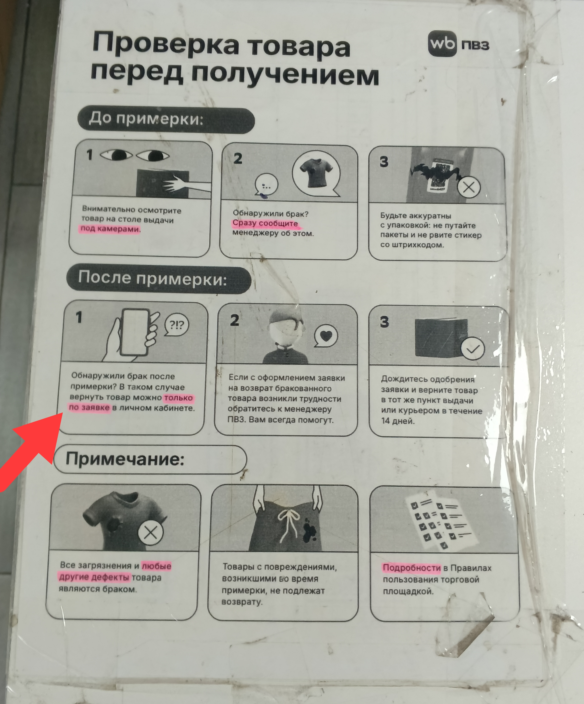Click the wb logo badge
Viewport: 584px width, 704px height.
(x=442, y=44)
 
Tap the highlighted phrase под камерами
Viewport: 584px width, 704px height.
(x=110, y=229)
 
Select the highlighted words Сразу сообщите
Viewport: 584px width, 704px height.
(x=265, y=223)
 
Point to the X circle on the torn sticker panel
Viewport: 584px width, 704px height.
(x=469, y=187)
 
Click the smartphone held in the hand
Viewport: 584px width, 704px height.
(x=135, y=332)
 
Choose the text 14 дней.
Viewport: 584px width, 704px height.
(x=398, y=421)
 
